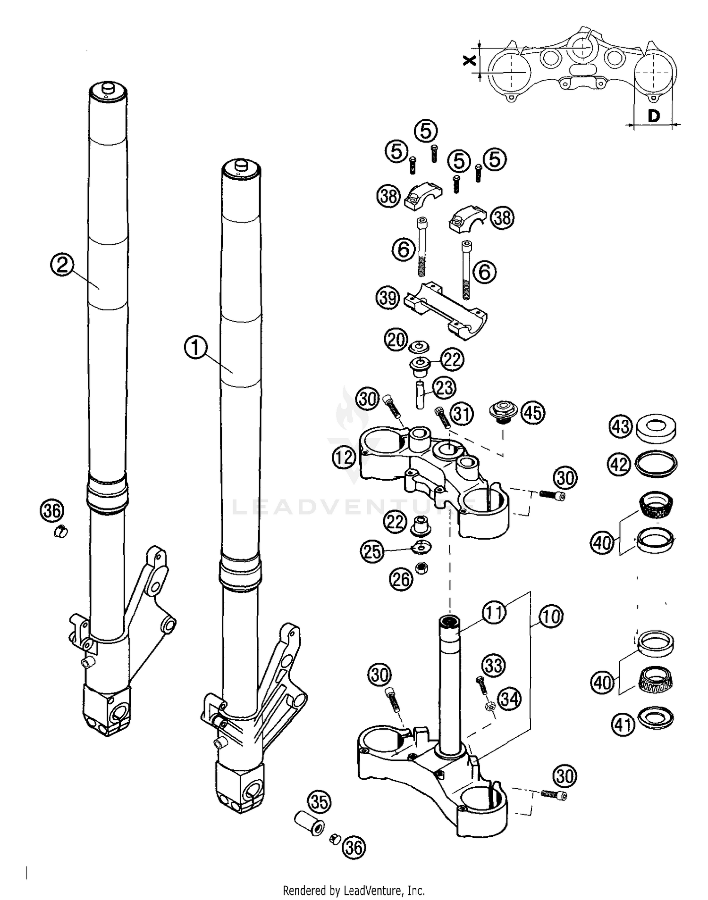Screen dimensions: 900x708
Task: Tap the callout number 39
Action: [x=388, y=298]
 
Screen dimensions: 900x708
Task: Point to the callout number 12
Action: [x=344, y=457]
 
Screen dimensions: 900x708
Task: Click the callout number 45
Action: [x=533, y=413]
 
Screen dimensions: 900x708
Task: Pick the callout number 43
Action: [x=620, y=426]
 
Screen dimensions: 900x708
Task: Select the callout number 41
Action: [x=623, y=724]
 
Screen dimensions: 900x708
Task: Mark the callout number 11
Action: [x=494, y=612]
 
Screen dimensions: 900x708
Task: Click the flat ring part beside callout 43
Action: [x=656, y=427]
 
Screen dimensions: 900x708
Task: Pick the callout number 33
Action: [x=494, y=665]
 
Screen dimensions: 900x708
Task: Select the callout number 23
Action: [x=444, y=388]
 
